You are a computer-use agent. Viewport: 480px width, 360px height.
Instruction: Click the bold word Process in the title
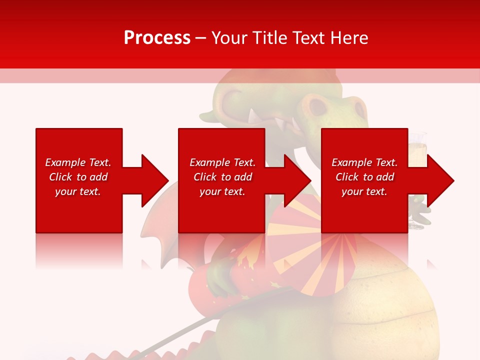(x=157, y=38)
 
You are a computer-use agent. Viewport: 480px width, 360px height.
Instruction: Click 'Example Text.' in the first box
(x=78, y=162)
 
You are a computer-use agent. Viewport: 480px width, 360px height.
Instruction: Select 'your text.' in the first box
(x=78, y=191)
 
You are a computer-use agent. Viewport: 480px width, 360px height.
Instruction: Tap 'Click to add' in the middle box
(x=222, y=177)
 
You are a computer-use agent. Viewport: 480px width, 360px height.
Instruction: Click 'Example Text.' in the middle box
(x=222, y=162)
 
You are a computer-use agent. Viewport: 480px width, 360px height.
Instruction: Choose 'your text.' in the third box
(x=364, y=191)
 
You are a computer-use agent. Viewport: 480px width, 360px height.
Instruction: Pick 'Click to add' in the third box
(x=364, y=177)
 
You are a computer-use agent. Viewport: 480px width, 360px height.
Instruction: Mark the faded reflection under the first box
(x=79, y=250)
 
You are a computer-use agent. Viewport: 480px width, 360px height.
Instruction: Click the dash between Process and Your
(x=200, y=38)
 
